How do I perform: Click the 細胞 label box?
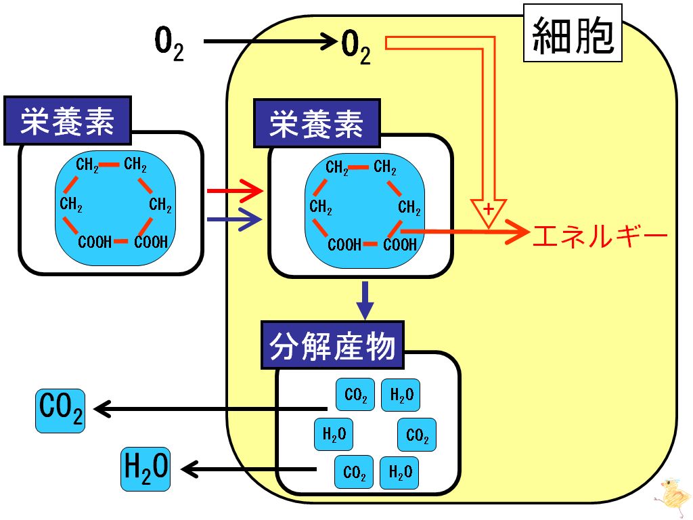(x=573, y=33)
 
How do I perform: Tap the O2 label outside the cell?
(x=169, y=43)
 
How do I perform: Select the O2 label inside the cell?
(x=356, y=47)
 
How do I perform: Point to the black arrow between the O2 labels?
(x=269, y=41)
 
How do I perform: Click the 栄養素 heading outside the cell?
(x=68, y=121)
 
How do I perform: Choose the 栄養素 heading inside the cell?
(x=317, y=123)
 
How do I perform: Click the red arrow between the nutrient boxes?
(x=235, y=191)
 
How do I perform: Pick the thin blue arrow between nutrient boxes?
(x=235, y=219)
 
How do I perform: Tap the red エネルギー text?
(x=600, y=236)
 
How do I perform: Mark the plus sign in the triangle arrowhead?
(x=489, y=209)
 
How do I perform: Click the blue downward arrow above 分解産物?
(x=365, y=300)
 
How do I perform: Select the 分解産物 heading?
(x=332, y=345)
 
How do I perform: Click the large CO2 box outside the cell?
(x=60, y=411)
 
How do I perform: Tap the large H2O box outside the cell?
(x=146, y=469)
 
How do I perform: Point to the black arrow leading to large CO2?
(x=211, y=409)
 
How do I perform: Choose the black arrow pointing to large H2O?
(x=249, y=469)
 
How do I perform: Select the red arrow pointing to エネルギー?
(x=465, y=231)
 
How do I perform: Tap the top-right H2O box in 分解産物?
(x=401, y=395)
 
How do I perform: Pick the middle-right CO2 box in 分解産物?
(x=417, y=435)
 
